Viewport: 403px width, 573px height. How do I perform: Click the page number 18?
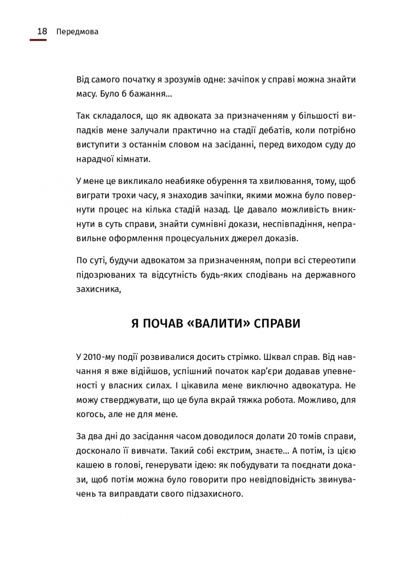42,32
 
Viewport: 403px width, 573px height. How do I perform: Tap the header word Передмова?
78,32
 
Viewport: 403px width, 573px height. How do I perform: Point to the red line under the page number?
38,40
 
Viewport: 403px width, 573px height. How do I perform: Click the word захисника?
98,290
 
